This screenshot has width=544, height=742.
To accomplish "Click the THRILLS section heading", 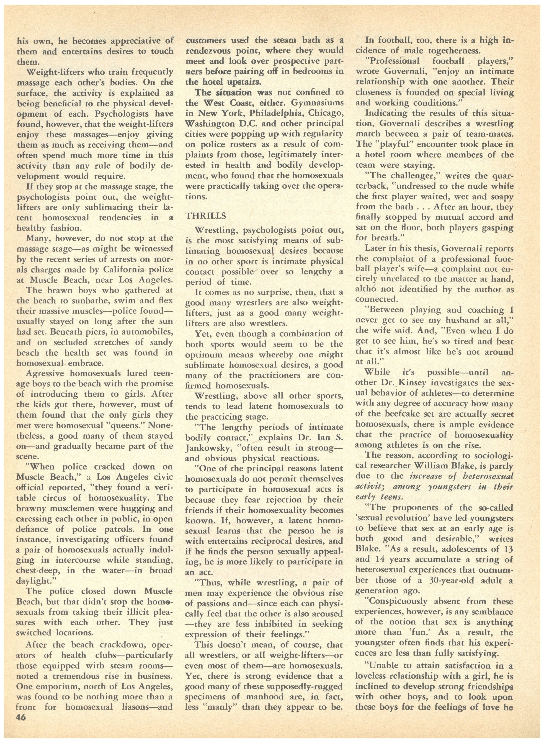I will (x=206, y=216).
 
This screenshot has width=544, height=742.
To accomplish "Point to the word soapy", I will (x=499, y=197).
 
